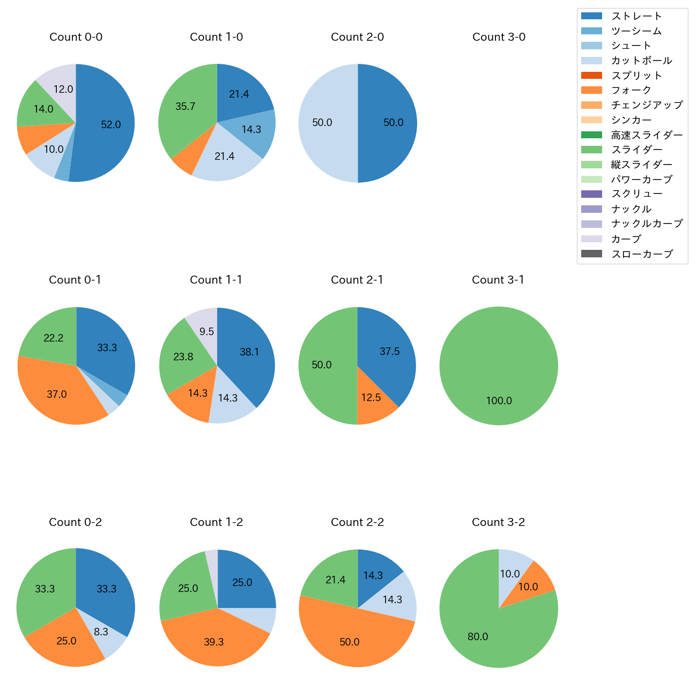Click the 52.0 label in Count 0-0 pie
(x=111, y=125)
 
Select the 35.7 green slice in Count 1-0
(x=185, y=107)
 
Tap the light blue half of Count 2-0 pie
(x=322, y=123)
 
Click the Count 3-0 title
(x=499, y=37)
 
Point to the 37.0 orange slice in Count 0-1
(x=57, y=395)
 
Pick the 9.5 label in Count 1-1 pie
(x=206, y=332)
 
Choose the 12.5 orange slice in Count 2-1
(x=371, y=398)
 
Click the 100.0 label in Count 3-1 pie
(x=499, y=401)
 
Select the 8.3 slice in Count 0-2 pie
(x=101, y=632)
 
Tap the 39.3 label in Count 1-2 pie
(x=213, y=642)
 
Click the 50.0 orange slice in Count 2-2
(x=350, y=642)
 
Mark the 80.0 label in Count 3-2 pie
(x=478, y=637)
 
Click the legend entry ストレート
(x=636, y=16)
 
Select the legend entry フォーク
(x=631, y=90)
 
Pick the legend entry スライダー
(x=636, y=150)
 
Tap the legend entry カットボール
(x=641, y=61)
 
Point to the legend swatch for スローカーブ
(x=591, y=254)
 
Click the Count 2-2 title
(x=358, y=522)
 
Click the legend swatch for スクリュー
(x=591, y=194)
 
